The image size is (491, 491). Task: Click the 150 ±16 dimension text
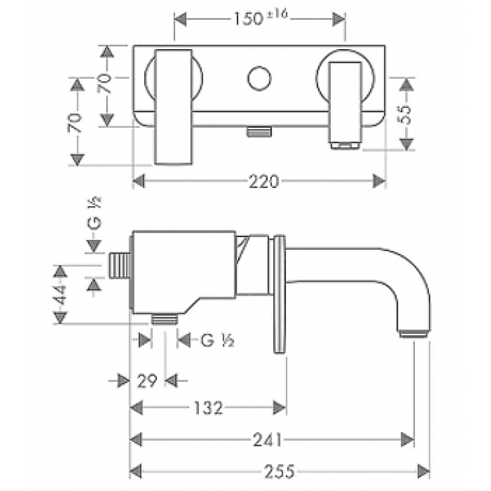tap(260, 19)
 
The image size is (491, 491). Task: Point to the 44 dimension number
tap(60, 295)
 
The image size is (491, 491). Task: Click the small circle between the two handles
tap(258, 80)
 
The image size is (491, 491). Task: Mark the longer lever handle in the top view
tap(174, 107)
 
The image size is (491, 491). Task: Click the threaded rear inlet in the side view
tap(119, 265)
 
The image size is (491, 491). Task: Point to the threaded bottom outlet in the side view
tap(164, 318)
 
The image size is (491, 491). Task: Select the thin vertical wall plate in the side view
tap(280, 294)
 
